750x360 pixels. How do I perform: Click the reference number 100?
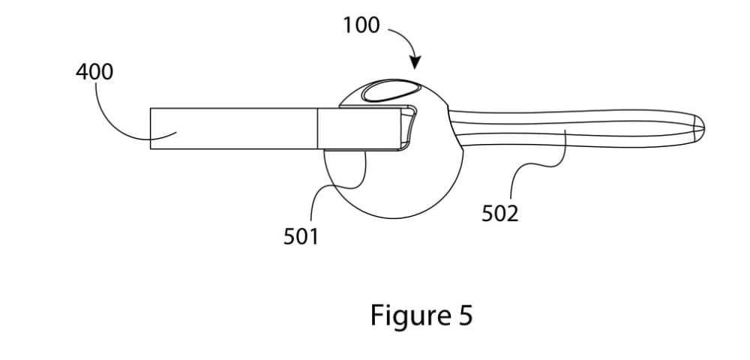tap(361, 25)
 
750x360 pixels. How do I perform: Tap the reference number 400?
tap(94, 73)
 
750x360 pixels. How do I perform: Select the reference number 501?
tap(301, 237)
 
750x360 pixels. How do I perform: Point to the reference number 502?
tap(499, 214)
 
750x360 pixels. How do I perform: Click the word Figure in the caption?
tap(407, 316)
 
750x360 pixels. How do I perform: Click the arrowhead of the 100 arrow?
tap(415, 67)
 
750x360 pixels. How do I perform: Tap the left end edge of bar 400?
tap(150, 128)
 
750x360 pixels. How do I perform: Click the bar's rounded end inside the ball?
tap(409, 127)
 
